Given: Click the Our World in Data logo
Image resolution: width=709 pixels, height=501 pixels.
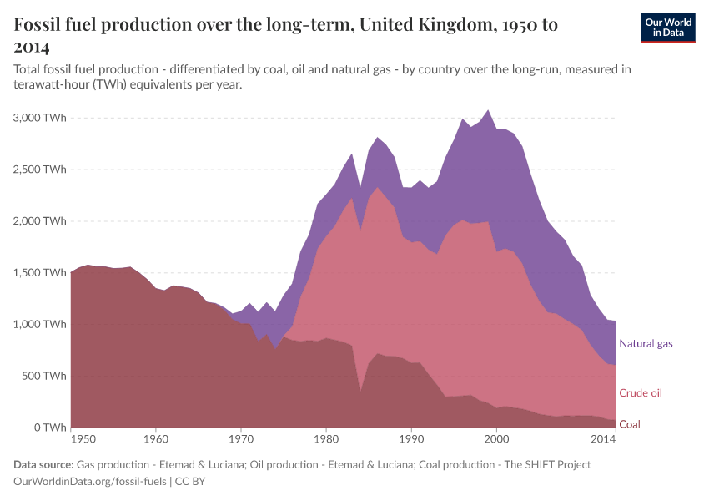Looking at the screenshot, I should pyautogui.click(x=667, y=28).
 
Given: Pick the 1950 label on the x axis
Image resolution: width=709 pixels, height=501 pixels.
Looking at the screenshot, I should pyautogui.click(x=83, y=438).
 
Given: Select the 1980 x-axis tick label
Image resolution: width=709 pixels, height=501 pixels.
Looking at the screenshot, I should pyautogui.click(x=326, y=438).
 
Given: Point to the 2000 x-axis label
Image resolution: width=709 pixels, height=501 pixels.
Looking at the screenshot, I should pyautogui.click(x=496, y=438).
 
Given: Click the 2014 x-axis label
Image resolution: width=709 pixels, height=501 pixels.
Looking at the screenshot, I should pyautogui.click(x=603, y=438).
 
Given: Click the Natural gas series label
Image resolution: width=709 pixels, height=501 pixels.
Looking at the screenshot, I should pyautogui.click(x=646, y=343).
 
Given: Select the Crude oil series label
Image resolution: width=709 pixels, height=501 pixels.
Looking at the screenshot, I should pyautogui.click(x=641, y=392).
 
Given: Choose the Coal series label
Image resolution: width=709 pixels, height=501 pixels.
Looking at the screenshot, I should pyautogui.click(x=630, y=424).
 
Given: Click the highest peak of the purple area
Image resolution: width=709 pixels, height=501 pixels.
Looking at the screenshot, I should pyautogui.click(x=488, y=110).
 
